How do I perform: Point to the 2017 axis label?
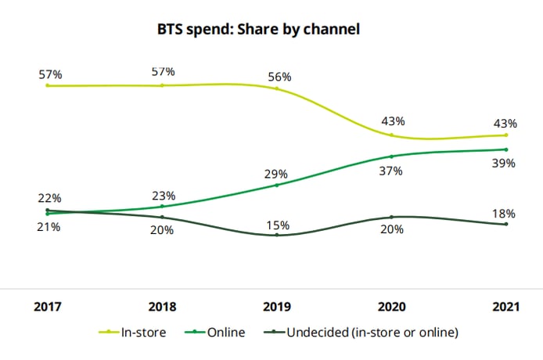(x=47, y=307)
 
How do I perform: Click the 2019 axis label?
(x=277, y=307)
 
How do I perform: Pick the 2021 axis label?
(x=506, y=307)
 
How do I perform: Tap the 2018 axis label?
(x=162, y=307)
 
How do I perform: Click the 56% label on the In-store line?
(x=278, y=77)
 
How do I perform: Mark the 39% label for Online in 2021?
(x=504, y=163)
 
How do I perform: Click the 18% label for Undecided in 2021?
(x=504, y=213)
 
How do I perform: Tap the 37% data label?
(x=391, y=170)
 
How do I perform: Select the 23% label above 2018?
(x=163, y=196)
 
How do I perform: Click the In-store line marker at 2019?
(x=277, y=88)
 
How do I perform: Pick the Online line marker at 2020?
(x=391, y=156)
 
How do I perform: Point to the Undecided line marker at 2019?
(x=277, y=235)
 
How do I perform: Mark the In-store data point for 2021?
(x=506, y=135)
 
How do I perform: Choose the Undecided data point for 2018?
(x=162, y=217)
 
